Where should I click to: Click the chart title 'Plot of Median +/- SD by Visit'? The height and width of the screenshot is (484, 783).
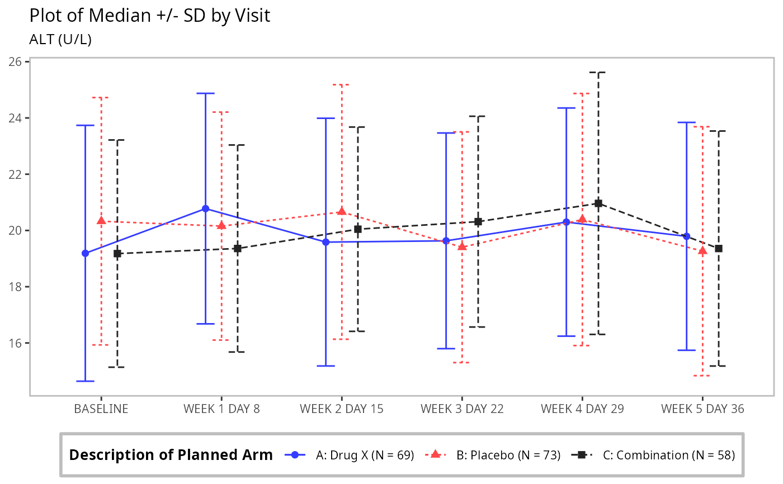tap(149, 16)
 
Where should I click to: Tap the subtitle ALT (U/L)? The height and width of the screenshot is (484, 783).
tap(60, 40)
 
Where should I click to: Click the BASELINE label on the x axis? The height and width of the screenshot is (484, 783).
tap(101, 409)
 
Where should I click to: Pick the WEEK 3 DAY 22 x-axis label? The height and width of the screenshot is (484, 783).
tap(462, 409)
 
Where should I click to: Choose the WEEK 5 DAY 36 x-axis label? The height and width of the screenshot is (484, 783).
tap(702, 409)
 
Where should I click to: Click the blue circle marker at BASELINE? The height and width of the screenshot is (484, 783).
tap(85, 253)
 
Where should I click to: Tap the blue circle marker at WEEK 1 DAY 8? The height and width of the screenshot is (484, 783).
tap(205, 208)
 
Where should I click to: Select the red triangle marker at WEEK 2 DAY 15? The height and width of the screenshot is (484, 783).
tap(342, 211)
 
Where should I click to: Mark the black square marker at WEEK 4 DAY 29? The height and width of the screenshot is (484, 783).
tap(598, 203)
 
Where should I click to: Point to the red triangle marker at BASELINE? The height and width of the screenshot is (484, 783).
tap(101, 221)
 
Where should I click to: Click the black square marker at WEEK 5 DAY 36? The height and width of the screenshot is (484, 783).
tap(719, 248)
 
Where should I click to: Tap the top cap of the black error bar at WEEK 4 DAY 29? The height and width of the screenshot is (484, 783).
tap(598, 72)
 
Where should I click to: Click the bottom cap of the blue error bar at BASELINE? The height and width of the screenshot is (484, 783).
tap(85, 381)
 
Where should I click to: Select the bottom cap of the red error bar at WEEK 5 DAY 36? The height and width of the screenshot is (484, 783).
tap(702, 376)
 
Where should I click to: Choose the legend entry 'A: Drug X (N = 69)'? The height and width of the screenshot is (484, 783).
tap(365, 455)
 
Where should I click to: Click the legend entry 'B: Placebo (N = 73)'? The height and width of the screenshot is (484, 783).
tap(508, 455)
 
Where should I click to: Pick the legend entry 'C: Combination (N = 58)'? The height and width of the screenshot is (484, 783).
tap(668, 455)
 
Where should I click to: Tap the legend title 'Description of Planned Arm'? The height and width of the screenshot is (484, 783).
tap(171, 455)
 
